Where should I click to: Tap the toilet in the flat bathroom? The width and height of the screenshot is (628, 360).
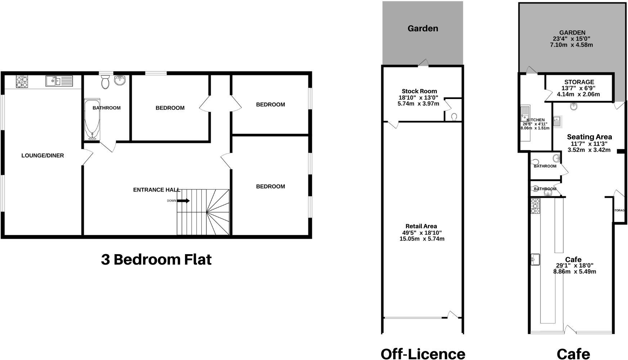[x=105, y=82]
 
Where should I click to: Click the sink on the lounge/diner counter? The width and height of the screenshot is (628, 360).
[x=54, y=81]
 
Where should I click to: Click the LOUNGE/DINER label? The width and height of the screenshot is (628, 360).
[x=42, y=156]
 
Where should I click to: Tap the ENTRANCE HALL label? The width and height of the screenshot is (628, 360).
[x=156, y=190]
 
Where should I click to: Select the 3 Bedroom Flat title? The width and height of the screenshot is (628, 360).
[x=156, y=260]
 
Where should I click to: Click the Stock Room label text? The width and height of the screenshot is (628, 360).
[x=419, y=91]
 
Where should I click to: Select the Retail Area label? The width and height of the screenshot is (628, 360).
[x=421, y=226]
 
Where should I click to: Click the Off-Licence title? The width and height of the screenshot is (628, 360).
[x=423, y=354]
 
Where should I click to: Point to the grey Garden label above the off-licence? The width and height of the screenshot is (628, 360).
[x=423, y=28]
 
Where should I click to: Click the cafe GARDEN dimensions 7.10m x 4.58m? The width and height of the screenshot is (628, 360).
[x=571, y=45]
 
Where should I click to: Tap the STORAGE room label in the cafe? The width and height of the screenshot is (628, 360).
[x=579, y=82]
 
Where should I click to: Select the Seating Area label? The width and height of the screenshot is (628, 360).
[x=589, y=137]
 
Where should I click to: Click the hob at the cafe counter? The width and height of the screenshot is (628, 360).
[x=535, y=206]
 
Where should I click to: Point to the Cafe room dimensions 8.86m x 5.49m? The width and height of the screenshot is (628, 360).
[x=574, y=271]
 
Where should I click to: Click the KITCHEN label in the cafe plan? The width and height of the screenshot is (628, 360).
[x=535, y=120]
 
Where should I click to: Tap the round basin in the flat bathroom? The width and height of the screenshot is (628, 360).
[x=120, y=80]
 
